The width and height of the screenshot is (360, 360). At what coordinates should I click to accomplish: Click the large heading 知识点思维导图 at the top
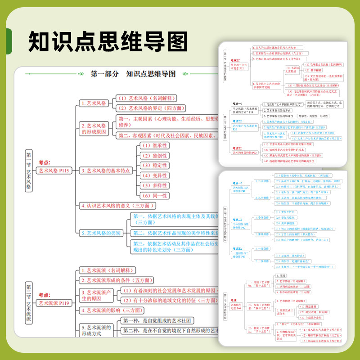pyautogui.click(x=108, y=41)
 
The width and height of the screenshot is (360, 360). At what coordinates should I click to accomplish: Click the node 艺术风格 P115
pyautogui.click(x=54, y=171)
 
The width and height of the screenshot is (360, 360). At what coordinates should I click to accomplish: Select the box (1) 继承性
pyautogui.click(x=153, y=145)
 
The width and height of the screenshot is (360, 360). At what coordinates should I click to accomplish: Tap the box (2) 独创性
pyautogui.click(x=153, y=155)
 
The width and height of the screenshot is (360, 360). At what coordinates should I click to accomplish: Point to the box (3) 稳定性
pyautogui.click(x=153, y=165)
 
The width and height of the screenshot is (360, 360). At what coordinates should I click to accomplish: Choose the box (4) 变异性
pyautogui.click(x=153, y=175)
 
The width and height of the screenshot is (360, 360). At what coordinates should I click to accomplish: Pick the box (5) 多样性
pyautogui.click(x=153, y=185)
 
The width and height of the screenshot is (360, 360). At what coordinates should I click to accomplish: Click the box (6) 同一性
pyautogui.click(x=153, y=196)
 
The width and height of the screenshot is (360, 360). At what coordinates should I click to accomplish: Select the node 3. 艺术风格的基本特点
pyautogui.click(x=105, y=171)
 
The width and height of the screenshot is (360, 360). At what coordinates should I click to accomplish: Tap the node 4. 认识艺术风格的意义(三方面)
pyautogui.click(x=117, y=206)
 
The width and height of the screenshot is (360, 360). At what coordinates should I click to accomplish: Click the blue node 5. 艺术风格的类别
pyautogui.click(x=101, y=233)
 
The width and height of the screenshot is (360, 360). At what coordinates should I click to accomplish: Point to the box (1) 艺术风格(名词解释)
pyautogui.click(x=146, y=98)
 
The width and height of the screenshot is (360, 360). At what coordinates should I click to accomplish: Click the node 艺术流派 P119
pyautogui.click(x=54, y=303)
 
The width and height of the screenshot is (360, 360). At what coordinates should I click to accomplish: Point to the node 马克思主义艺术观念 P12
pyautogui.click(x=238, y=66)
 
